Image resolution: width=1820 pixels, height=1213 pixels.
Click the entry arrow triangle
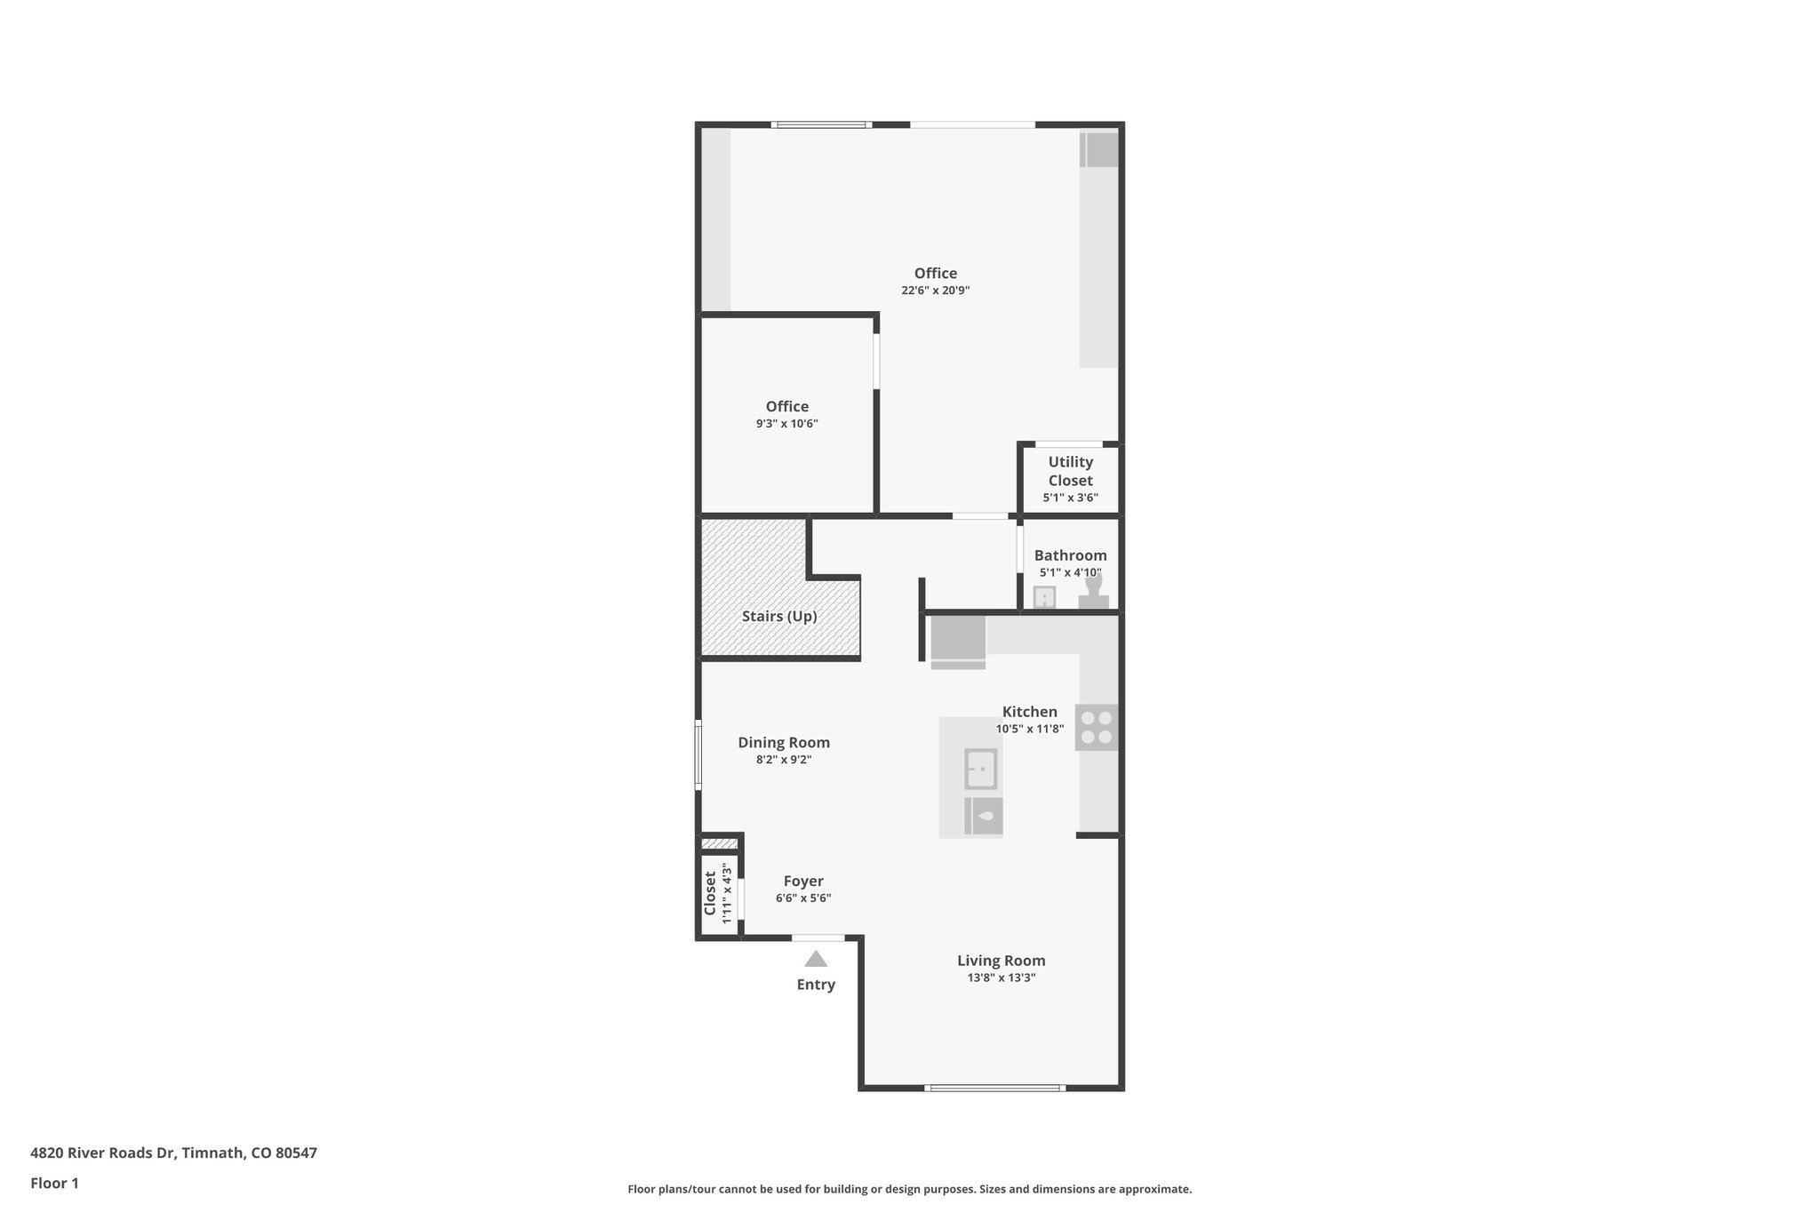click(x=816, y=959)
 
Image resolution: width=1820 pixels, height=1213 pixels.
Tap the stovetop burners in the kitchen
click(x=1097, y=727)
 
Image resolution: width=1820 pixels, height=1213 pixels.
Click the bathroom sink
click(x=1044, y=597)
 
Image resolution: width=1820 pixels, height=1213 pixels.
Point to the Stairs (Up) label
click(x=779, y=616)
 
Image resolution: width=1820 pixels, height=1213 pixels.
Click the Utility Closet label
click(x=1070, y=471)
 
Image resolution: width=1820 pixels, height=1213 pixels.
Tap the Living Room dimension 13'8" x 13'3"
click(x=1002, y=978)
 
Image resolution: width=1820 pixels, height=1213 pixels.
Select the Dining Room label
click(x=784, y=742)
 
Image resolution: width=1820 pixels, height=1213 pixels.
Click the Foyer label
click(x=803, y=881)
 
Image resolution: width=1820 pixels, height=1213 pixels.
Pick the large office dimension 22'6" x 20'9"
click(x=935, y=291)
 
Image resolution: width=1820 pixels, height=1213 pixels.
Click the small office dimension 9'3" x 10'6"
click(x=786, y=424)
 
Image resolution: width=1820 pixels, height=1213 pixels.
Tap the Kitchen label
click(x=1030, y=711)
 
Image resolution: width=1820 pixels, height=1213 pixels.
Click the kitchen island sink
click(x=981, y=769)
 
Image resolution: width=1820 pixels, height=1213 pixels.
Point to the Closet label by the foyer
click(x=710, y=893)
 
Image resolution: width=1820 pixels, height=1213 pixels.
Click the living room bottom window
click(x=994, y=1088)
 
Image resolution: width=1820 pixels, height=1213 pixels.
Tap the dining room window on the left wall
click(x=698, y=754)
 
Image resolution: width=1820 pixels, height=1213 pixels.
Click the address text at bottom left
click(x=173, y=1153)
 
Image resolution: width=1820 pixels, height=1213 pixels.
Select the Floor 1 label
click(x=54, y=1183)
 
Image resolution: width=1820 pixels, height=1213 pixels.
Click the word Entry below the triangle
click(x=816, y=985)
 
